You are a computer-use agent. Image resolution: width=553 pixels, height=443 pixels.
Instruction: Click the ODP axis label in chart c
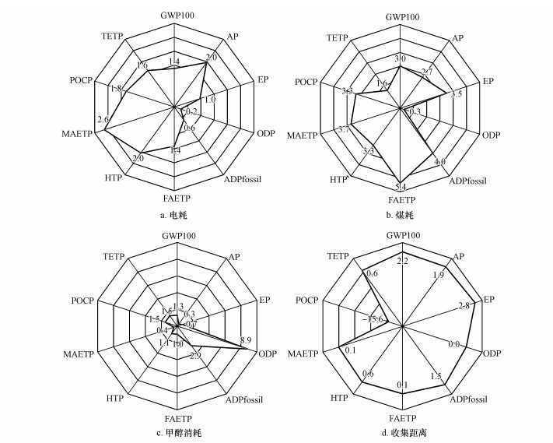pyautogui.click(x=267, y=353)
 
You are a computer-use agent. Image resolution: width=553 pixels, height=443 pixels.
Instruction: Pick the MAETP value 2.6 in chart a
pyautogui.click(x=103, y=118)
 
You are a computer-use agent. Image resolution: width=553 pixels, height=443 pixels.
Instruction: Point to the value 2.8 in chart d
pyautogui.click(x=464, y=304)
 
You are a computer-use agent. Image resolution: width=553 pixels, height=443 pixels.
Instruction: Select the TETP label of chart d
pyautogui.click(x=337, y=255)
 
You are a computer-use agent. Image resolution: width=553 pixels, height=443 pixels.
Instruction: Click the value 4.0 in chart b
pyautogui.click(x=440, y=162)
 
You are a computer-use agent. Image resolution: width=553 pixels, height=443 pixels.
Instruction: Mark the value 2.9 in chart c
pyautogui.click(x=196, y=356)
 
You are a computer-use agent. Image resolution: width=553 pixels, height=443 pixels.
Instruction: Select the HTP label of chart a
pyautogui.click(x=112, y=180)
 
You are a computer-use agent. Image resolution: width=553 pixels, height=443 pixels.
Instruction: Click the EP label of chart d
pyautogui.click(x=488, y=298)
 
